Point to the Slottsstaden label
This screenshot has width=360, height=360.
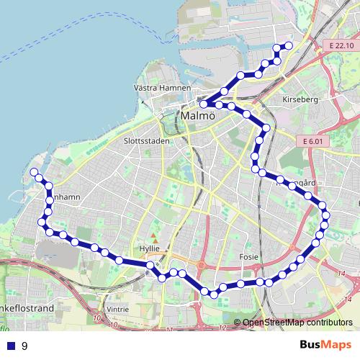click(x=146, y=141)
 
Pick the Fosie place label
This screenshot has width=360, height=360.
click(x=248, y=256)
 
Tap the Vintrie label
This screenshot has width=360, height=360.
click(x=117, y=309)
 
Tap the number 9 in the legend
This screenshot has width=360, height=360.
click(x=24, y=346)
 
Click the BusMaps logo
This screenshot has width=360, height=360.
click(x=323, y=345)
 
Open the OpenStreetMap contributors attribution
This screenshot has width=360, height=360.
click(x=297, y=322)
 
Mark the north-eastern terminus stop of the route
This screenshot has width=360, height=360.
click(x=289, y=46)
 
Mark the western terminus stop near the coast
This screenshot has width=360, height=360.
click(x=34, y=171)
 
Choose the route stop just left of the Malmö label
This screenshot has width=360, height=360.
click(x=204, y=104)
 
